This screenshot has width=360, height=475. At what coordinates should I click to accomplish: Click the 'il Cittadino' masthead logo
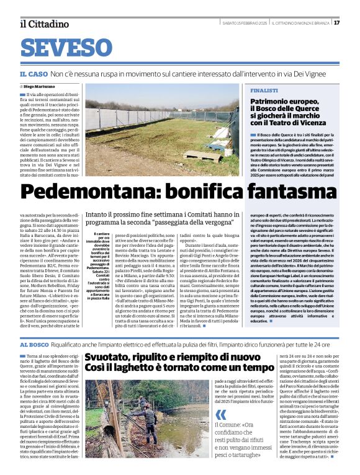[x=43, y=24]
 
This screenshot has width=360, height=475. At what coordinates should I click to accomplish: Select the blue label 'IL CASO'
[x=34, y=73]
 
